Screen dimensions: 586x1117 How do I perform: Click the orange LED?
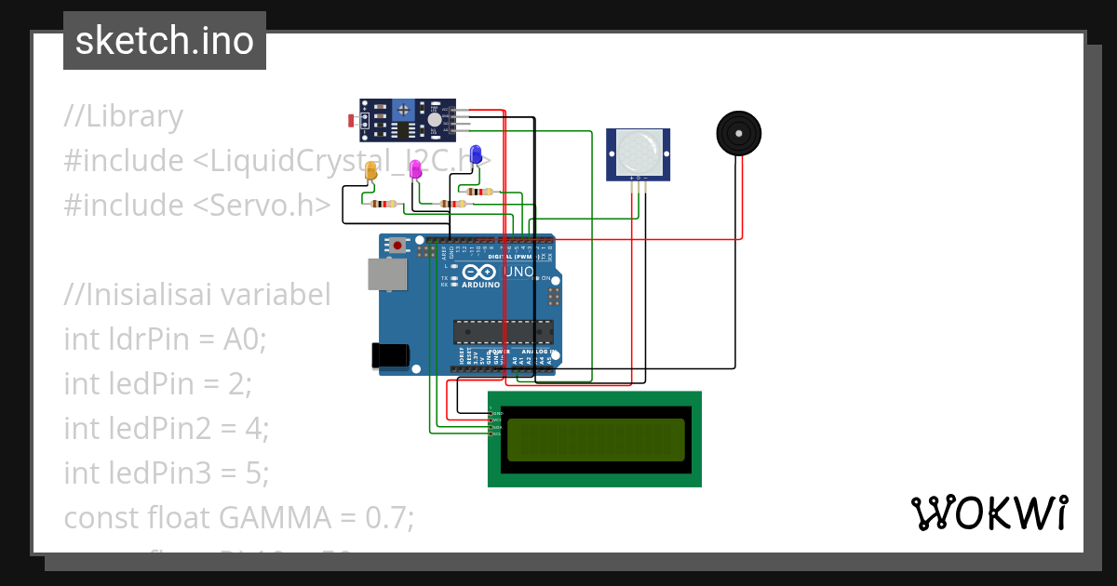point(371,171)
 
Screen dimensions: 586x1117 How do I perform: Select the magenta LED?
point(415,169)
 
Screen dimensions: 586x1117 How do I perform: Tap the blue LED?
point(476,154)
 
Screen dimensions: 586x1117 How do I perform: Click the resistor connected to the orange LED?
point(383,204)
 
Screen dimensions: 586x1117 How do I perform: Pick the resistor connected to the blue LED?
point(481,192)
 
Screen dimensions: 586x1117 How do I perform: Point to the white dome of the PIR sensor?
point(639,150)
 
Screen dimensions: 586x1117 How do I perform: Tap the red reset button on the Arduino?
point(398,246)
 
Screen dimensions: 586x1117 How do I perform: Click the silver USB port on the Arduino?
point(386,273)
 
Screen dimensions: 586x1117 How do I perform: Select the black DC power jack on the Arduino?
point(390,355)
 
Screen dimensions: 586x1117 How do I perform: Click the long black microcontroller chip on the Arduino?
point(503,332)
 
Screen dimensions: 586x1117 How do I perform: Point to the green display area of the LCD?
point(596,439)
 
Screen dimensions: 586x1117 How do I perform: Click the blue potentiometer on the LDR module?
point(403,111)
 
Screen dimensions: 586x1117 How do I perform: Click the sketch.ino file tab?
point(165,41)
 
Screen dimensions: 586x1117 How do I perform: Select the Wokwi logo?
point(989,513)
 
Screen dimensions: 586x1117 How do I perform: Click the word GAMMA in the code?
point(271,517)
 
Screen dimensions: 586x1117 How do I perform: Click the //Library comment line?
point(124,117)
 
